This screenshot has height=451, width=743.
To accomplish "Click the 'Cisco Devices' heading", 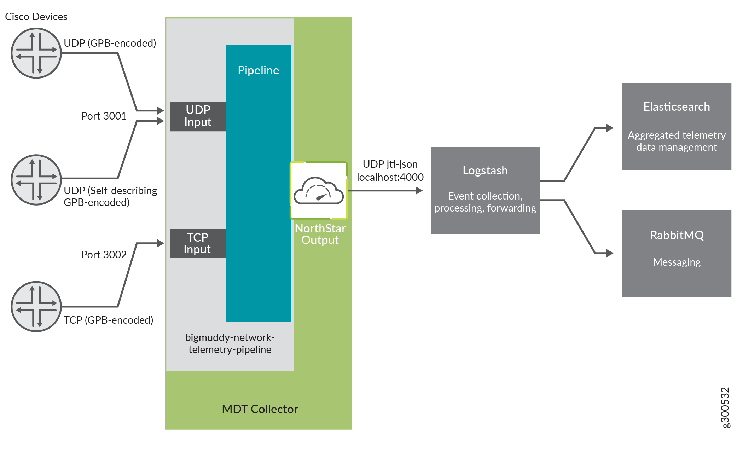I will click(x=36, y=17).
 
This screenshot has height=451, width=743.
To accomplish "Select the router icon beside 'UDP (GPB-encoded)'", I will click(x=36, y=53).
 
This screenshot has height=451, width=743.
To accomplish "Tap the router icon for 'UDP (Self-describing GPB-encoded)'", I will click(x=36, y=180).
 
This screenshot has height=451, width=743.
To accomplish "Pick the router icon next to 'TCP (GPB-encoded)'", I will click(x=36, y=306).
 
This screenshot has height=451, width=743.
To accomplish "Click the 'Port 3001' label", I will click(x=104, y=116).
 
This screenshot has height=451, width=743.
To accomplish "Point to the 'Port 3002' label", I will click(x=104, y=255).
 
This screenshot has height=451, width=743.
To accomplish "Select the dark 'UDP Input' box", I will click(x=198, y=116).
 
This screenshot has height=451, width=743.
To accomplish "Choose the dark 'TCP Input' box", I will click(x=198, y=243).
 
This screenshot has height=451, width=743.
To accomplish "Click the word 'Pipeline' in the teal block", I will click(x=258, y=70).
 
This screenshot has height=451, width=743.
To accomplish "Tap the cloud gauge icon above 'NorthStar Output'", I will click(x=319, y=190).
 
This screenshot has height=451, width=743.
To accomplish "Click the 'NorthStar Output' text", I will click(x=320, y=234).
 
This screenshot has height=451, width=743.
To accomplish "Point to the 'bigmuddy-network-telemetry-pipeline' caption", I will click(x=230, y=343).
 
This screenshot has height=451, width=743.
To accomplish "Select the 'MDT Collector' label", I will click(x=260, y=409).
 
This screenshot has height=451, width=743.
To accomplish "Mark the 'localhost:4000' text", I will click(x=390, y=177).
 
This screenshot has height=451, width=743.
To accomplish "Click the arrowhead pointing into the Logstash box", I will click(x=419, y=191).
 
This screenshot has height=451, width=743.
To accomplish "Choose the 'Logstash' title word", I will click(x=485, y=170).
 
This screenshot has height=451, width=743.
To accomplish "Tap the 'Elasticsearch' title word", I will click(x=676, y=107).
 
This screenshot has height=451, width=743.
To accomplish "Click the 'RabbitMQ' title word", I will click(x=677, y=235).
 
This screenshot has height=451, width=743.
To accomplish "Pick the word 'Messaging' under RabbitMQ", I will click(x=677, y=262).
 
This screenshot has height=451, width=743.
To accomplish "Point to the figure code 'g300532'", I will click(x=725, y=407).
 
